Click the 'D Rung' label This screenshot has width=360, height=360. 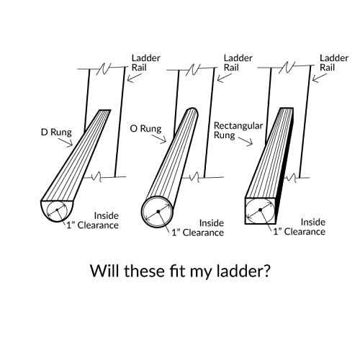point(56,132)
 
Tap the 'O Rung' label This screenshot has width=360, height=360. point(145,129)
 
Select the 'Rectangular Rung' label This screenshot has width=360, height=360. point(238,130)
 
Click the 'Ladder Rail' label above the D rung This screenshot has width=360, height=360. point(145,63)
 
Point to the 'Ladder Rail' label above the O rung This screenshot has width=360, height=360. point(238,63)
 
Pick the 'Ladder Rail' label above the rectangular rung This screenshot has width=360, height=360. point(334,63)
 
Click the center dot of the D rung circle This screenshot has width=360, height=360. point(57,210)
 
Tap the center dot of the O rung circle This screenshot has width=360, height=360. point(158,212)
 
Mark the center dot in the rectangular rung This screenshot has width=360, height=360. point(260,210)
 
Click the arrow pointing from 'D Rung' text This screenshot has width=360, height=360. point(67,142)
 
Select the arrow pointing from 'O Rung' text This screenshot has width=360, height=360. point(159,139)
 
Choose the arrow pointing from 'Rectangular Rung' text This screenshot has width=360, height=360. point(246,141)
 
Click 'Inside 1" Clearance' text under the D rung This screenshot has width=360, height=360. point(93,220)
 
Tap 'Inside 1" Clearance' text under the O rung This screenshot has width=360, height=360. point(198,228)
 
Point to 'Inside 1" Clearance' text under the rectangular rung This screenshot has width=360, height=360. point(300,227)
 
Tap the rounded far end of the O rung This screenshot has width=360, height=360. point(193,111)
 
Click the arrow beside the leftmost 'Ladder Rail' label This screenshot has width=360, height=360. point(135,77)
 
